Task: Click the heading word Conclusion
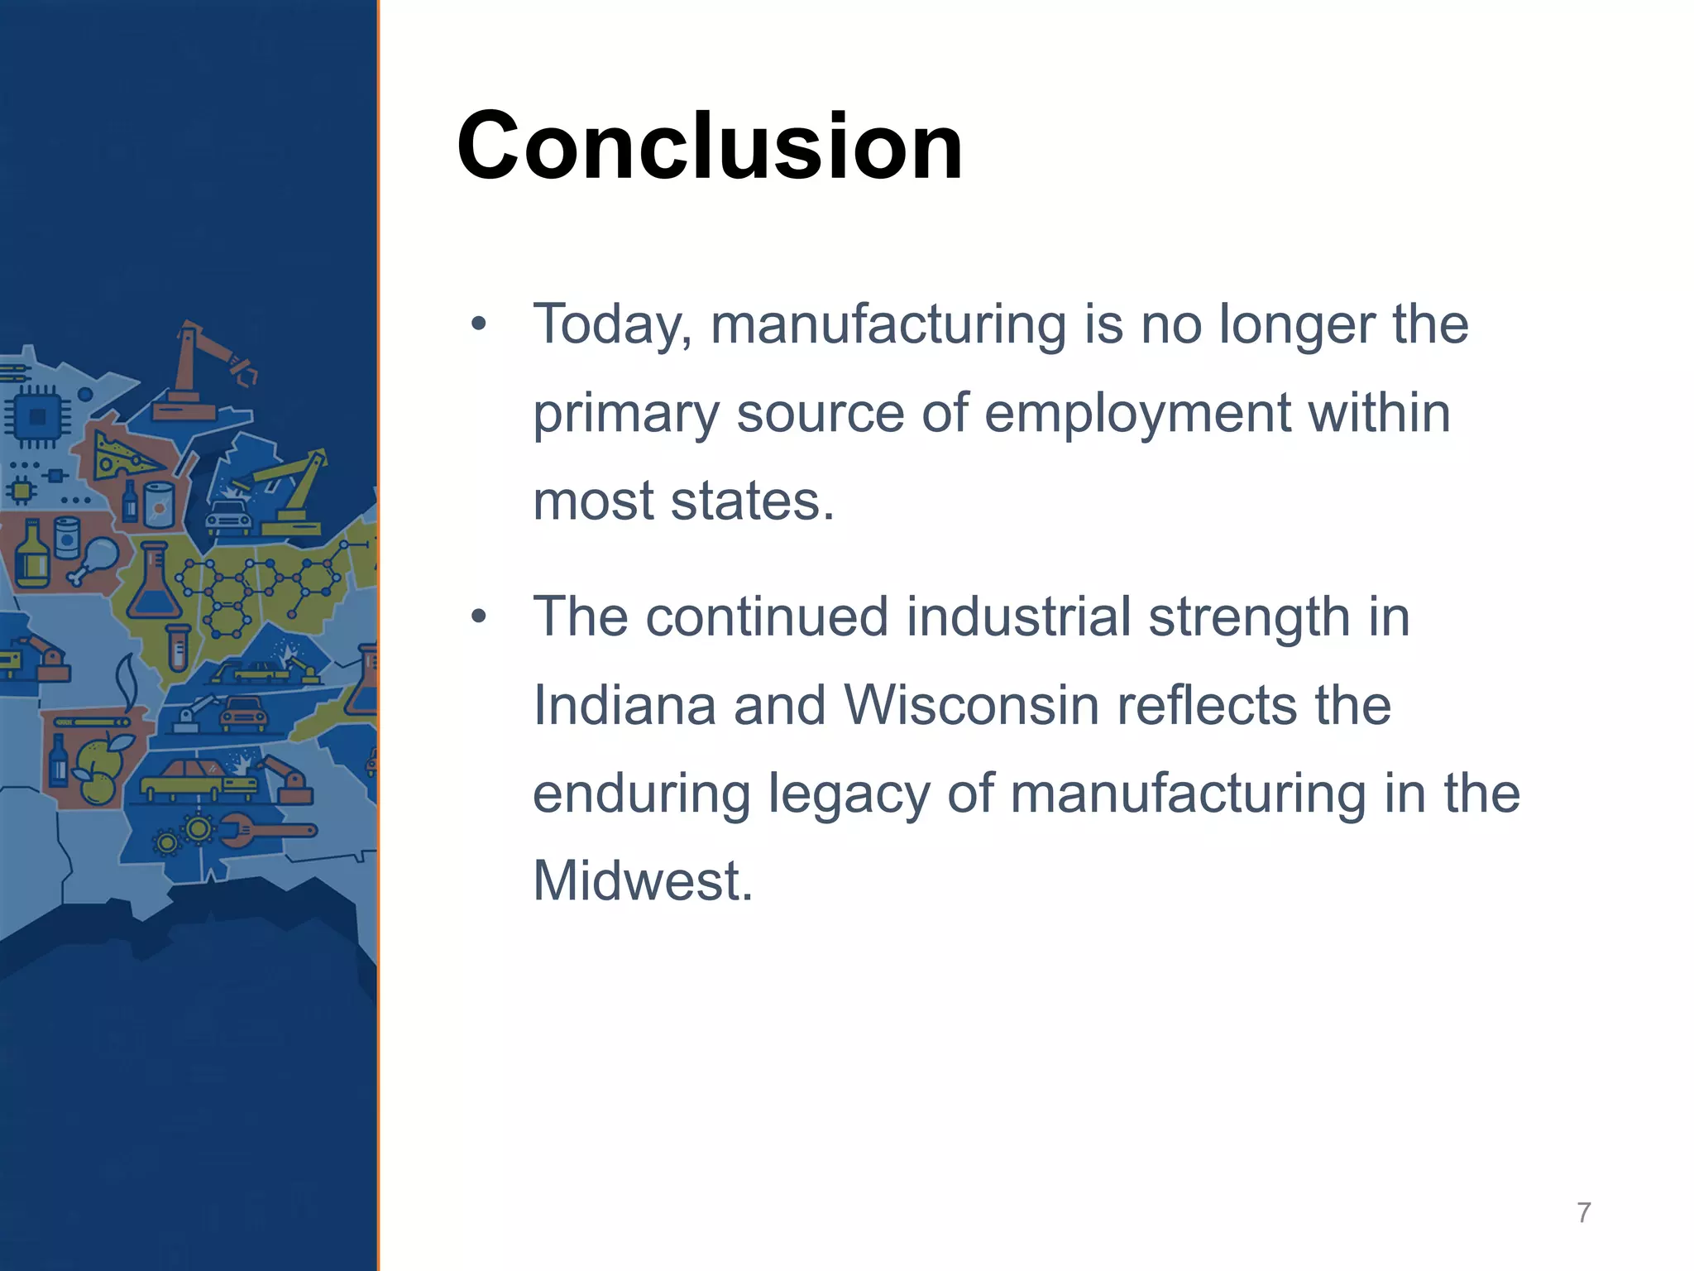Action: point(710,146)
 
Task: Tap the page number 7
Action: point(1583,1212)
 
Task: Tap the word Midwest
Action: point(642,880)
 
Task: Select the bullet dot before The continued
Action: point(478,616)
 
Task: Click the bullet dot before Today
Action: point(478,324)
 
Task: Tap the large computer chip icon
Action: point(37,416)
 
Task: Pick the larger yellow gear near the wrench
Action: point(199,827)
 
